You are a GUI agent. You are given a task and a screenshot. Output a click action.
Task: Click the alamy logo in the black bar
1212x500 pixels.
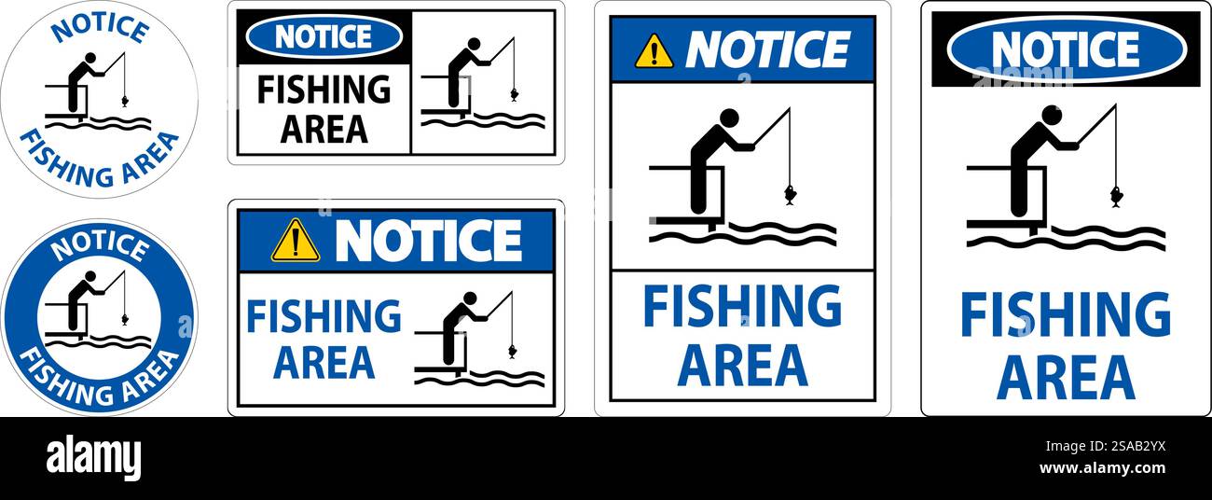click(x=93, y=458)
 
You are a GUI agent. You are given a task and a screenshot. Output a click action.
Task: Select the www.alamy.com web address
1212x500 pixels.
click(x=1102, y=468)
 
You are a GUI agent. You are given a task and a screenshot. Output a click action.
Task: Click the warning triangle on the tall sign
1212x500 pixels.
click(x=654, y=52)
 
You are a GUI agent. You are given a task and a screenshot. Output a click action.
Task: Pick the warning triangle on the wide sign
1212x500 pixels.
click(x=296, y=241)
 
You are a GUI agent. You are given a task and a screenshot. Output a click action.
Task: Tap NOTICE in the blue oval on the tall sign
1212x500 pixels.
click(x=1066, y=49)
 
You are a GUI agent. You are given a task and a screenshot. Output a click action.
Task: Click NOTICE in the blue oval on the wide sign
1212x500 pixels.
click(x=324, y=36)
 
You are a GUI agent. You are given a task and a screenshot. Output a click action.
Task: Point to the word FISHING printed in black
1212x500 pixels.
click(x=324, y=90)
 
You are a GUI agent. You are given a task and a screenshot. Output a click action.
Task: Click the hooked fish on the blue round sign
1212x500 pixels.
click(x=125, y=319)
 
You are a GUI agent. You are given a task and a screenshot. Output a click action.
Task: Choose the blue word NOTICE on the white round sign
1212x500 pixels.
click(x=100, y=27)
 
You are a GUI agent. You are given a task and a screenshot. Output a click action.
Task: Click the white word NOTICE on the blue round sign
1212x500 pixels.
click(x=100, y=247)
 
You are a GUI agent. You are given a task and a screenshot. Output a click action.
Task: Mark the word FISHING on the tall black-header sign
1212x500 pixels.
click(x=1065, y=315)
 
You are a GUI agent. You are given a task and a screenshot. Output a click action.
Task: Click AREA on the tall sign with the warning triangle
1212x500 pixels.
click(x=742, y=365)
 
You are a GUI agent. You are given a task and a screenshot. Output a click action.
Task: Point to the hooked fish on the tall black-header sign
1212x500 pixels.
click(x=1115, y=196)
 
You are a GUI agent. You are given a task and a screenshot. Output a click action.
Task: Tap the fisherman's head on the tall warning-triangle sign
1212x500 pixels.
click(x=729, y=118)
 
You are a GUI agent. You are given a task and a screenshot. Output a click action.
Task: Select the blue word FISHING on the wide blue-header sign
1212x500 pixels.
click(x=324, y=317)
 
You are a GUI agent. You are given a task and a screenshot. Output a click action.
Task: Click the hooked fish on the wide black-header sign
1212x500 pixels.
click(x=514, y=93)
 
